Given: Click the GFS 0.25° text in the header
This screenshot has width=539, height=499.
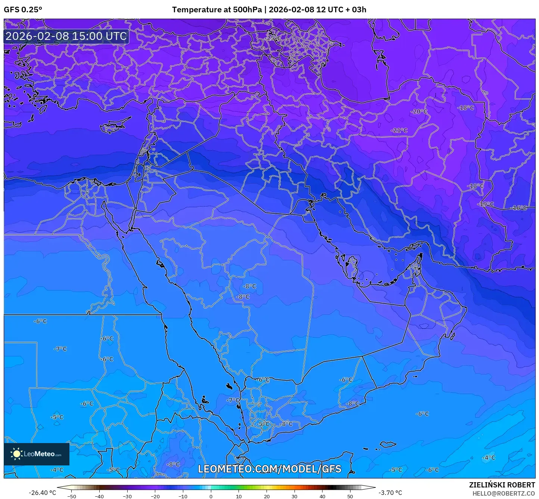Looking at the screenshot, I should click(x=23, y=10).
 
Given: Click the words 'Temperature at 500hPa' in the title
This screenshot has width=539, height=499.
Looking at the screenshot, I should click(x=216, y=10).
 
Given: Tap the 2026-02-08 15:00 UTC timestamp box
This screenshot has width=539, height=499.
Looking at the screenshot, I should click(x=66, y=37).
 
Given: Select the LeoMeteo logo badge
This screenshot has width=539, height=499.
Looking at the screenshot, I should click(x=37, y=454).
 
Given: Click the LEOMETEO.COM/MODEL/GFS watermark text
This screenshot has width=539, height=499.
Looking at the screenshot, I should click(x=269, y=469).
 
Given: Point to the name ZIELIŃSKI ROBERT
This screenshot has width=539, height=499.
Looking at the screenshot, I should click(x=502, y=485).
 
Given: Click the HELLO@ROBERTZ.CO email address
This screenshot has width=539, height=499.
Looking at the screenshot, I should click(x=504, y=493).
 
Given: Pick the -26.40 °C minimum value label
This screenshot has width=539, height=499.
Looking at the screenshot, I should click(x=42, y=493).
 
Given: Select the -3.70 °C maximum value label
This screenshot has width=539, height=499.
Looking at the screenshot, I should click(x=390, y=493).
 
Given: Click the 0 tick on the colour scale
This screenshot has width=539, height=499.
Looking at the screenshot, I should click(x=211, y=496).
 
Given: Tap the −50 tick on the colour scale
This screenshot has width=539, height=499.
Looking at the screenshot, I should click(x=71, y=496).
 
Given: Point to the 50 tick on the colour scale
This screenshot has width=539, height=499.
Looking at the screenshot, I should click(x=350, y=496).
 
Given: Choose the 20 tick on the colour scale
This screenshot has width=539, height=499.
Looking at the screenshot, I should click(x=267, y=496).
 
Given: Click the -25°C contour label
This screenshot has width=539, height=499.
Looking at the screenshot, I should click(x=274, y=38).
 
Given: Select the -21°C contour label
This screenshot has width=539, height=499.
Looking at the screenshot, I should click(x=399, y=131).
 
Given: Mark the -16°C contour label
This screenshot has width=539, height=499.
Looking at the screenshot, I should click(x=519, y=208).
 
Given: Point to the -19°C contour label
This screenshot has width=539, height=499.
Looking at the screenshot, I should click(x=486, y=204).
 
